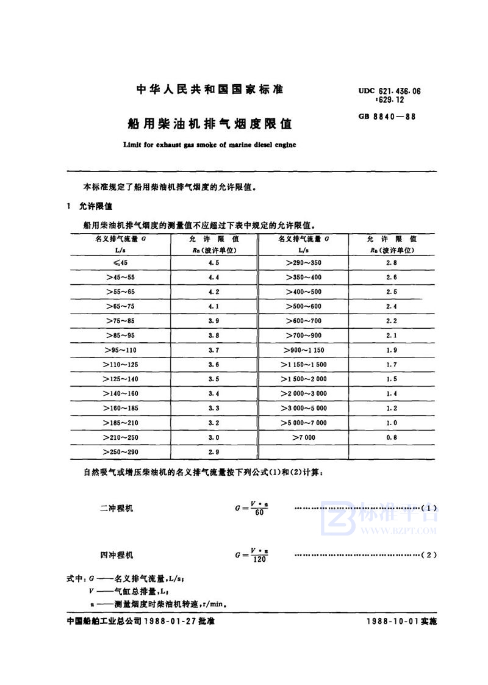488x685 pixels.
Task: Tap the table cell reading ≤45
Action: coord(121,262)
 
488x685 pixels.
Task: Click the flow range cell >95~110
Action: coord(121,350)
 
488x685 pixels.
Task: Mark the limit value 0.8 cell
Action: coord(392,437)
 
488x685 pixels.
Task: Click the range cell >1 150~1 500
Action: coord(304,364)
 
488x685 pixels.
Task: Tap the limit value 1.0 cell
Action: coord(392,423)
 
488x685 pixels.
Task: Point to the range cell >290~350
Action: coord(303,262)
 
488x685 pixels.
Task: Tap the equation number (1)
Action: coord(429,508)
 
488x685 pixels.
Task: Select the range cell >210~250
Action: coord(121,437)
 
